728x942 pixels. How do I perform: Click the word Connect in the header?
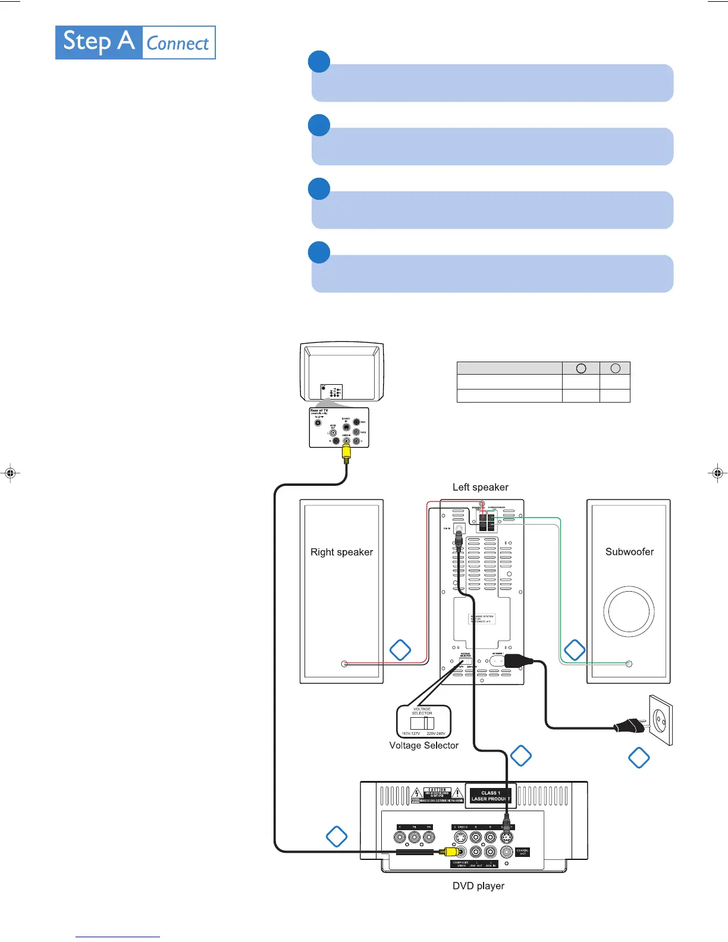coord(178,43)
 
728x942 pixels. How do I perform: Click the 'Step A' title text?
coord(99,42)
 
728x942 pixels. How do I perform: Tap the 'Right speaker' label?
coord(341,552)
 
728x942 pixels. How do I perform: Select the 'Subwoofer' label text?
coord(629,552)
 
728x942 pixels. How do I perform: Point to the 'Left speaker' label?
coord(480,487)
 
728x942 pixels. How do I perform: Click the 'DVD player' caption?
coord(478,886)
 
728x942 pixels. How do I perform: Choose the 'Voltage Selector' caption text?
coord(423,745)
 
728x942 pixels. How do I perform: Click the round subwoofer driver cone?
coord(629,611)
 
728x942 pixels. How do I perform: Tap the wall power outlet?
coord(660,720)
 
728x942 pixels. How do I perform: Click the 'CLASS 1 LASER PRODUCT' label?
coord(489,796)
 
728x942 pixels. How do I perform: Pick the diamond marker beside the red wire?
coord(400,650)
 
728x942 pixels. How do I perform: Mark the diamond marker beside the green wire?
coord(575,650)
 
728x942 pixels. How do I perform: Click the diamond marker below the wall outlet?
coord(639,758)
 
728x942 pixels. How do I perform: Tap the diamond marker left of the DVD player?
coord(337,836)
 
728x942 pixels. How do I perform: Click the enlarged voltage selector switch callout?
coord(423,721)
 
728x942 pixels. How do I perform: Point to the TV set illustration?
coord(342,372)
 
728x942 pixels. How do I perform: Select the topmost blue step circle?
coord(319,62)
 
